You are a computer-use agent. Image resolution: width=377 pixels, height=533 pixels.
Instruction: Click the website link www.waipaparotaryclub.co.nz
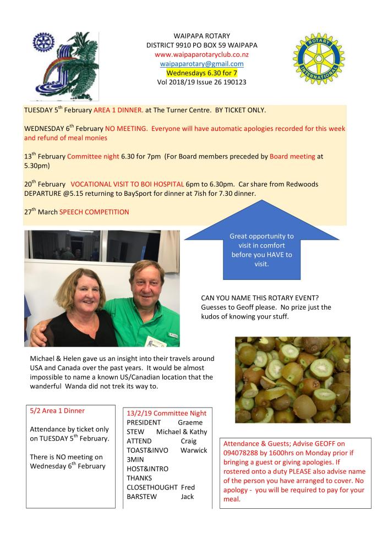pyautogui.click(x=201, y=54)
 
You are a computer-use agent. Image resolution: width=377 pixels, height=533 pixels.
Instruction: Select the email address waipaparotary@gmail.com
pyautogui.click(x=201, y=64)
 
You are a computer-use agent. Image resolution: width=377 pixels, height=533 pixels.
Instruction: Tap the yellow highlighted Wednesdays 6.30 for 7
pyautogui.click(x=201, y=73)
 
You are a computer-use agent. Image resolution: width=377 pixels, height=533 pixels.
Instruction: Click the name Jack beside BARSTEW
pyautogui.click(x=188, y=496)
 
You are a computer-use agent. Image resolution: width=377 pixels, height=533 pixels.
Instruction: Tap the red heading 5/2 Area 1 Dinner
pyautogui.click(x=57, y=410)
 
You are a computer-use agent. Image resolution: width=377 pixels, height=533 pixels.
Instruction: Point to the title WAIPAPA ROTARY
pyautogui.click(x=201, y=36)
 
